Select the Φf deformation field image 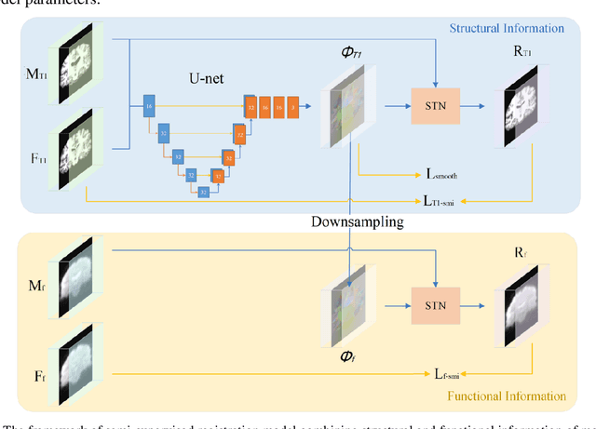(348, 305)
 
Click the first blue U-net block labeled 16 (149, 108)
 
